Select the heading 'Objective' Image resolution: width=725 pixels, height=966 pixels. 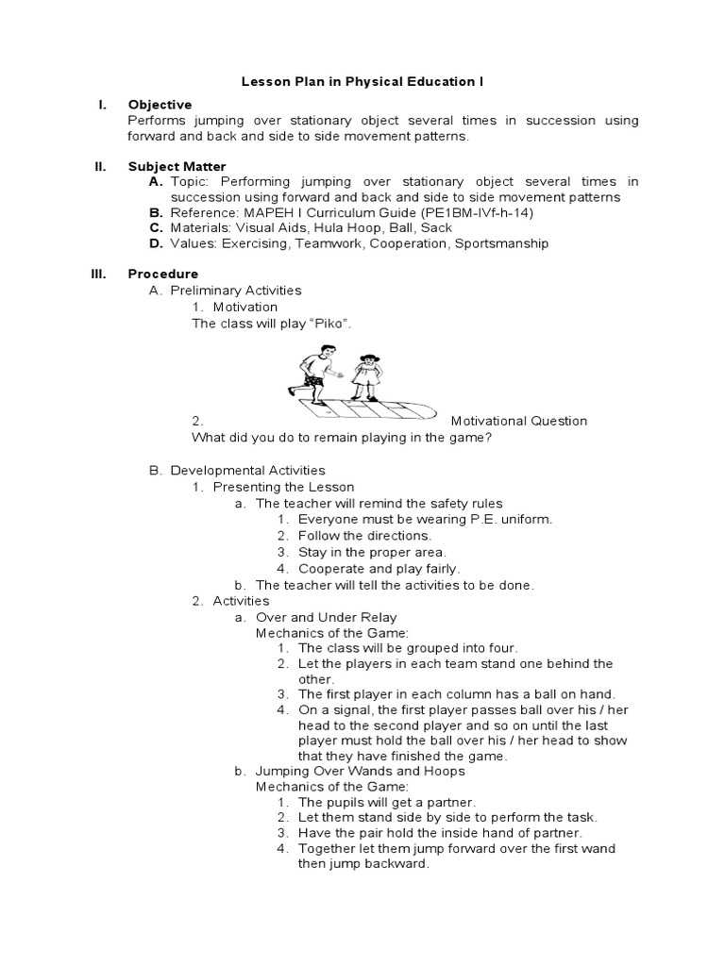[160, 105]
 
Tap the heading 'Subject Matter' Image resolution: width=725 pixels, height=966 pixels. [177, 167]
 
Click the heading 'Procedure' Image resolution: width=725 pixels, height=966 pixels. [162, 275]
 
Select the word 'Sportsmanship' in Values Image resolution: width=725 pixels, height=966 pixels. [500, 243]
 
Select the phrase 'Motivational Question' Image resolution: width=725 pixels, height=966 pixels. [518, 421]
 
